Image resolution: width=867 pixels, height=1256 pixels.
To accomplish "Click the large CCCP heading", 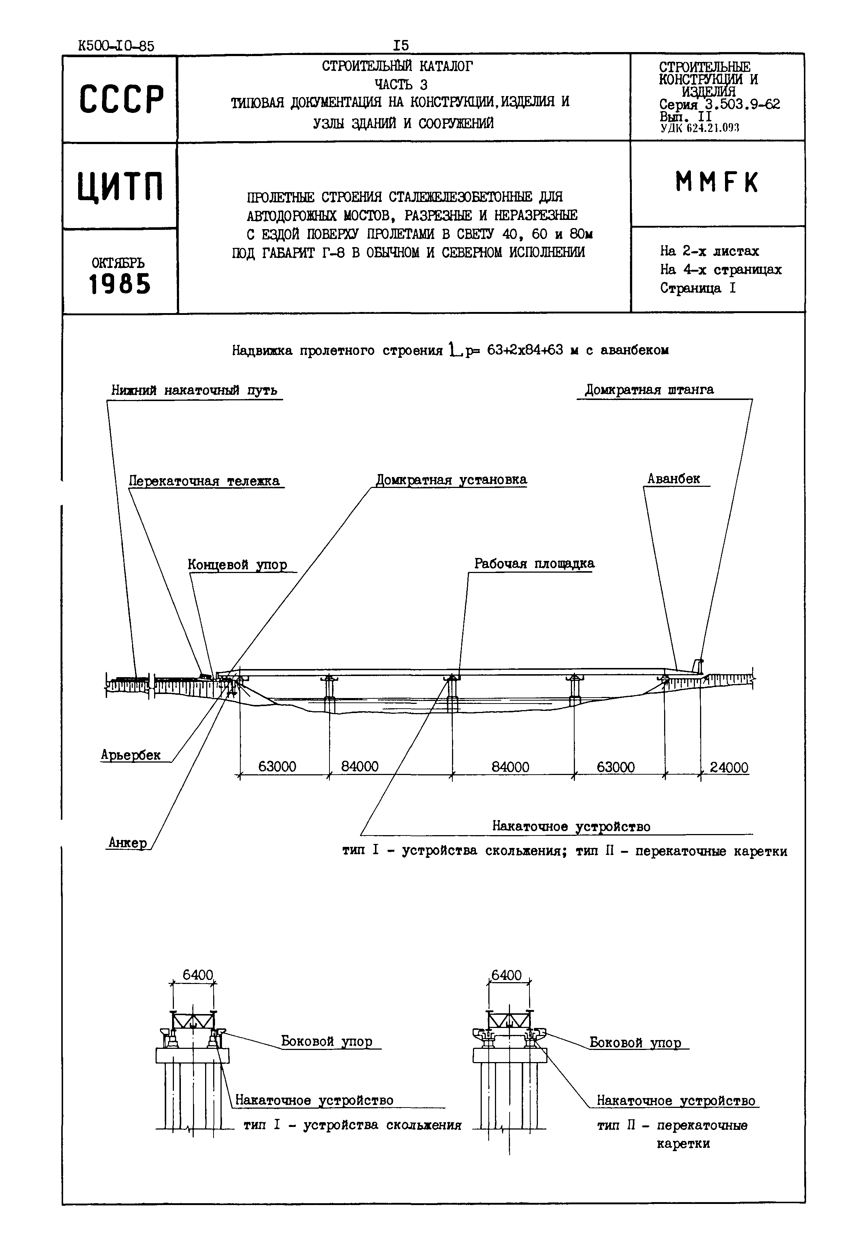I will pyautogui.click(x=121, y=99).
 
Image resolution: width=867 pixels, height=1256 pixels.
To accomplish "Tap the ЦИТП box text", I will pyautogui.click(x=120, y=186).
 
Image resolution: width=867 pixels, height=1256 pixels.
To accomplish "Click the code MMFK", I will pyautogui.click(x=717, y=183).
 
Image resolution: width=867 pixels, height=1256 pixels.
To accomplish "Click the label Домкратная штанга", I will pyautogui.click(x=649, y=390).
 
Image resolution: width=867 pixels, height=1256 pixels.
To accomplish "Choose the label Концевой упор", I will pyautogui.click(x=237, y=565).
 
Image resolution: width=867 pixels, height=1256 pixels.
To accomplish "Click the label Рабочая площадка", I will pyautogui.click(x=534, y=563).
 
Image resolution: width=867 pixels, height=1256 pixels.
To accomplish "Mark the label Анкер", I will pyautogui.click(x=128, y=842).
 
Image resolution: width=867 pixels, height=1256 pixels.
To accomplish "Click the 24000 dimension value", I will pyautogui.click(x=729, y=768).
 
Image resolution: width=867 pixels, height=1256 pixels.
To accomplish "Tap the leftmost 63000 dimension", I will pyautogui.click(x=277, y=767).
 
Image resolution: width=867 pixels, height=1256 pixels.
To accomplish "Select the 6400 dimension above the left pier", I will pyautogui.click(x=198, y=975).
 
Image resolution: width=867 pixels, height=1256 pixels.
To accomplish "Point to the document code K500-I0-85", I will pyautogui.click(x=116, y=46).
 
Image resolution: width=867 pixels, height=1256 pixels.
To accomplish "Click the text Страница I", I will pyautogui.click(x=697, y=288).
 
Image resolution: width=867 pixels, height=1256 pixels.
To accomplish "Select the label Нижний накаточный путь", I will pyautogui.click(x=194, y=390).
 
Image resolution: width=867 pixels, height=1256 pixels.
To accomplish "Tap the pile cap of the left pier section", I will pyautogui.click(x=192, y=1055).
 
